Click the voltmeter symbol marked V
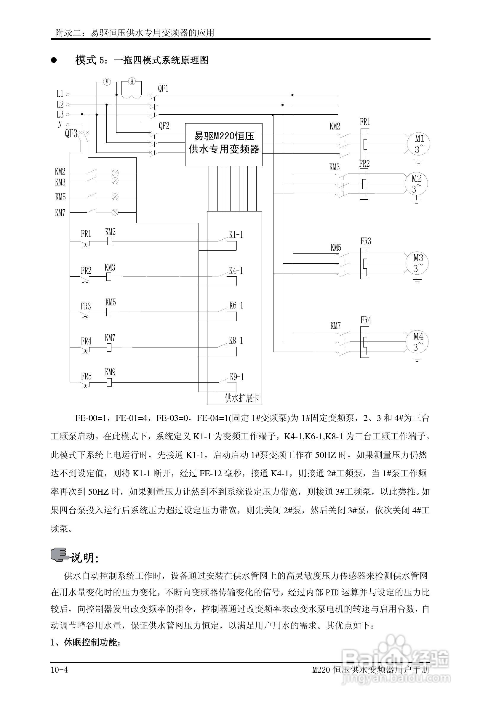[106, 81]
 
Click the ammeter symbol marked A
[132, 81]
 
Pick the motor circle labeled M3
[418, 263]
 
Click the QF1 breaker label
[163, 89]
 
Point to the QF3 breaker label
[71, 134]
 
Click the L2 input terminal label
[60, 104]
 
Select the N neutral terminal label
[60, 124]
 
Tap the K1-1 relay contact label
[236, 235]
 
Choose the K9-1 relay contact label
[237, 377]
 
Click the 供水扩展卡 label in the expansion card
[242, 398]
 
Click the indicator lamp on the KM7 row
[115, 212]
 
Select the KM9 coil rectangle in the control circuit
[109, 382]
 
